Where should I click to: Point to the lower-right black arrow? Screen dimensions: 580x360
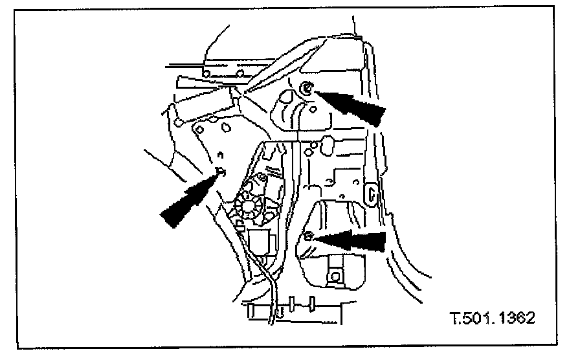pyautogui.click(x=353, y=241)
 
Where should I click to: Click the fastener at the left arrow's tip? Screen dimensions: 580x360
pyautogui.click(x=221, y=172)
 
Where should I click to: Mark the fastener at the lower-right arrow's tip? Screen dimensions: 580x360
pyautogui.click(x=309, y=236)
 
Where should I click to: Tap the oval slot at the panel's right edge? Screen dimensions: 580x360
pyautogui.click(x=372, y=193)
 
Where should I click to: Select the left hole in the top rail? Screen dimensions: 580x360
pyautogui.click(x=206, y=76)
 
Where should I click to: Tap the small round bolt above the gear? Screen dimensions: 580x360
pyautogui.click(x=263, y=176)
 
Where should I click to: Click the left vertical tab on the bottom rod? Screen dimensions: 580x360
pyautogui.click(x=294, y=302)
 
